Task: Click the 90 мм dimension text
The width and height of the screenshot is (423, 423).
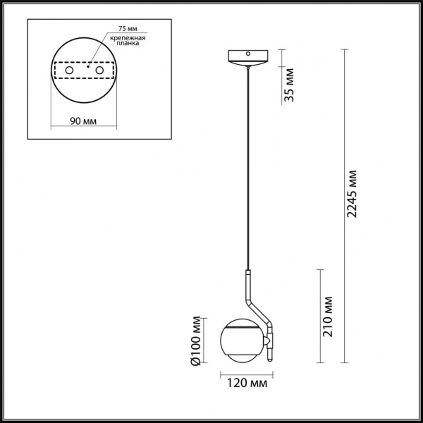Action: click(x=83, y=121)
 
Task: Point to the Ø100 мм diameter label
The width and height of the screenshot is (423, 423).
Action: click(x=198, y=341)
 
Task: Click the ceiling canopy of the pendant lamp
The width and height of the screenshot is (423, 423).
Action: click(x=247, y=57)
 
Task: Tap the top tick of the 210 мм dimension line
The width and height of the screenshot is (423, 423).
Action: click(x=321, y=269)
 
